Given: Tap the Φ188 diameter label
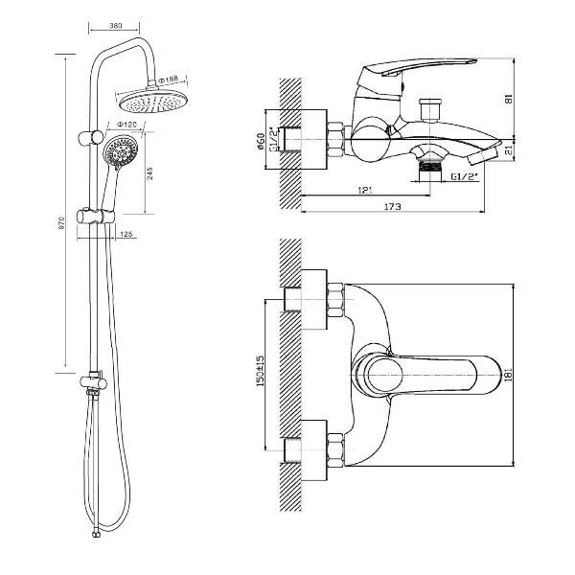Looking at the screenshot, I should tap(169, 79).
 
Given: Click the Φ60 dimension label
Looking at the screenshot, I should tap(261, 144).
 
